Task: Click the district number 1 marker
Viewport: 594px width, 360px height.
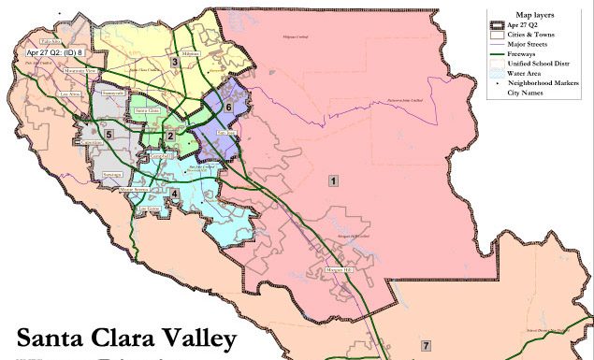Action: pyautogui.click(x=332, y=180)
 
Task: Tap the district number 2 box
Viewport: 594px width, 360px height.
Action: pyautogui.click(x=169, y=137)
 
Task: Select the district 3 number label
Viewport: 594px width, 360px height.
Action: pyautogui.click(x=174, y=63)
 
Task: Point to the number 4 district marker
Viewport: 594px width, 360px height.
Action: pyautogui.click(x=174, y=194)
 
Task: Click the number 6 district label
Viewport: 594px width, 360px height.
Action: pyautogui.click(x=228, y=108)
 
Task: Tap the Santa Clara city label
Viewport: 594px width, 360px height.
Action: pyautogui.click(x=147, y=110)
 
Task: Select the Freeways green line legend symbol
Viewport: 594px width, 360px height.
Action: pyautogui.click(x=496, y=53)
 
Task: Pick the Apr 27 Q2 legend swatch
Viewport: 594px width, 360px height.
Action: pyautogui.click(x=496, y=25)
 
